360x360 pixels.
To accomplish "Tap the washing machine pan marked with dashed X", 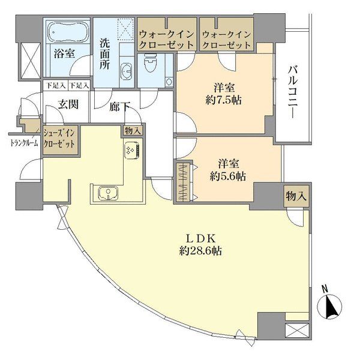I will point(126,27).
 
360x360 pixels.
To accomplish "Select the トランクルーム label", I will point(24,142).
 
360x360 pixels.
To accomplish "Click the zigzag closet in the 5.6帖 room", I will point(184,181).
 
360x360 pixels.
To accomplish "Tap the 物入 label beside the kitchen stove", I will point(133,131).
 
